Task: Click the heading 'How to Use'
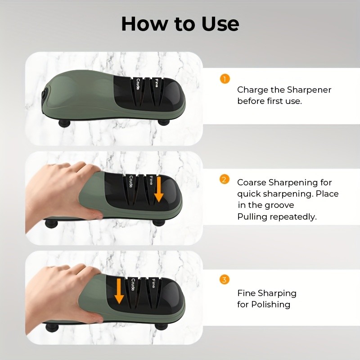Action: (180, 24)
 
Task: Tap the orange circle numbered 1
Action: (225, 79)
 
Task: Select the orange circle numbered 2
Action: (225, 180)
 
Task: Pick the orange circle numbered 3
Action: (225, 280)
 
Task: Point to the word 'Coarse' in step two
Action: (252, 182)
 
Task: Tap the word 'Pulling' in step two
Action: (252, 216)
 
